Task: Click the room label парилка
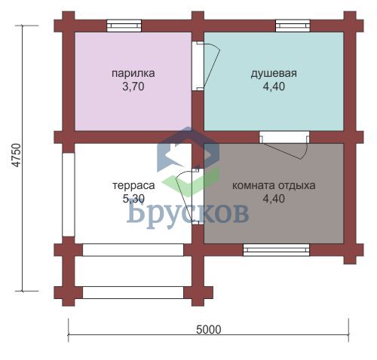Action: [133, 74]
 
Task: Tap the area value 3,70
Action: [133, 87]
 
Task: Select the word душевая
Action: [274, 74]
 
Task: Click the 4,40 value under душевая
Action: [274, 87]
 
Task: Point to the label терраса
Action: [133, 186]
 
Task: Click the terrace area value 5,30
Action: [133, 199]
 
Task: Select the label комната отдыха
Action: [274, 186]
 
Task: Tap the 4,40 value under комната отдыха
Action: [274, 199]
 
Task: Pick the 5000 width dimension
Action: [209, 330]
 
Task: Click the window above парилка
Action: [124, 26]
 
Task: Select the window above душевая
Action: [293, 26]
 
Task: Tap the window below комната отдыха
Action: [276, 250]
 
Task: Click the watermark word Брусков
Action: [188, 213]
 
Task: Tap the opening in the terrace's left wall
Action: [69, 194]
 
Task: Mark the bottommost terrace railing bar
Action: [133, 292]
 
